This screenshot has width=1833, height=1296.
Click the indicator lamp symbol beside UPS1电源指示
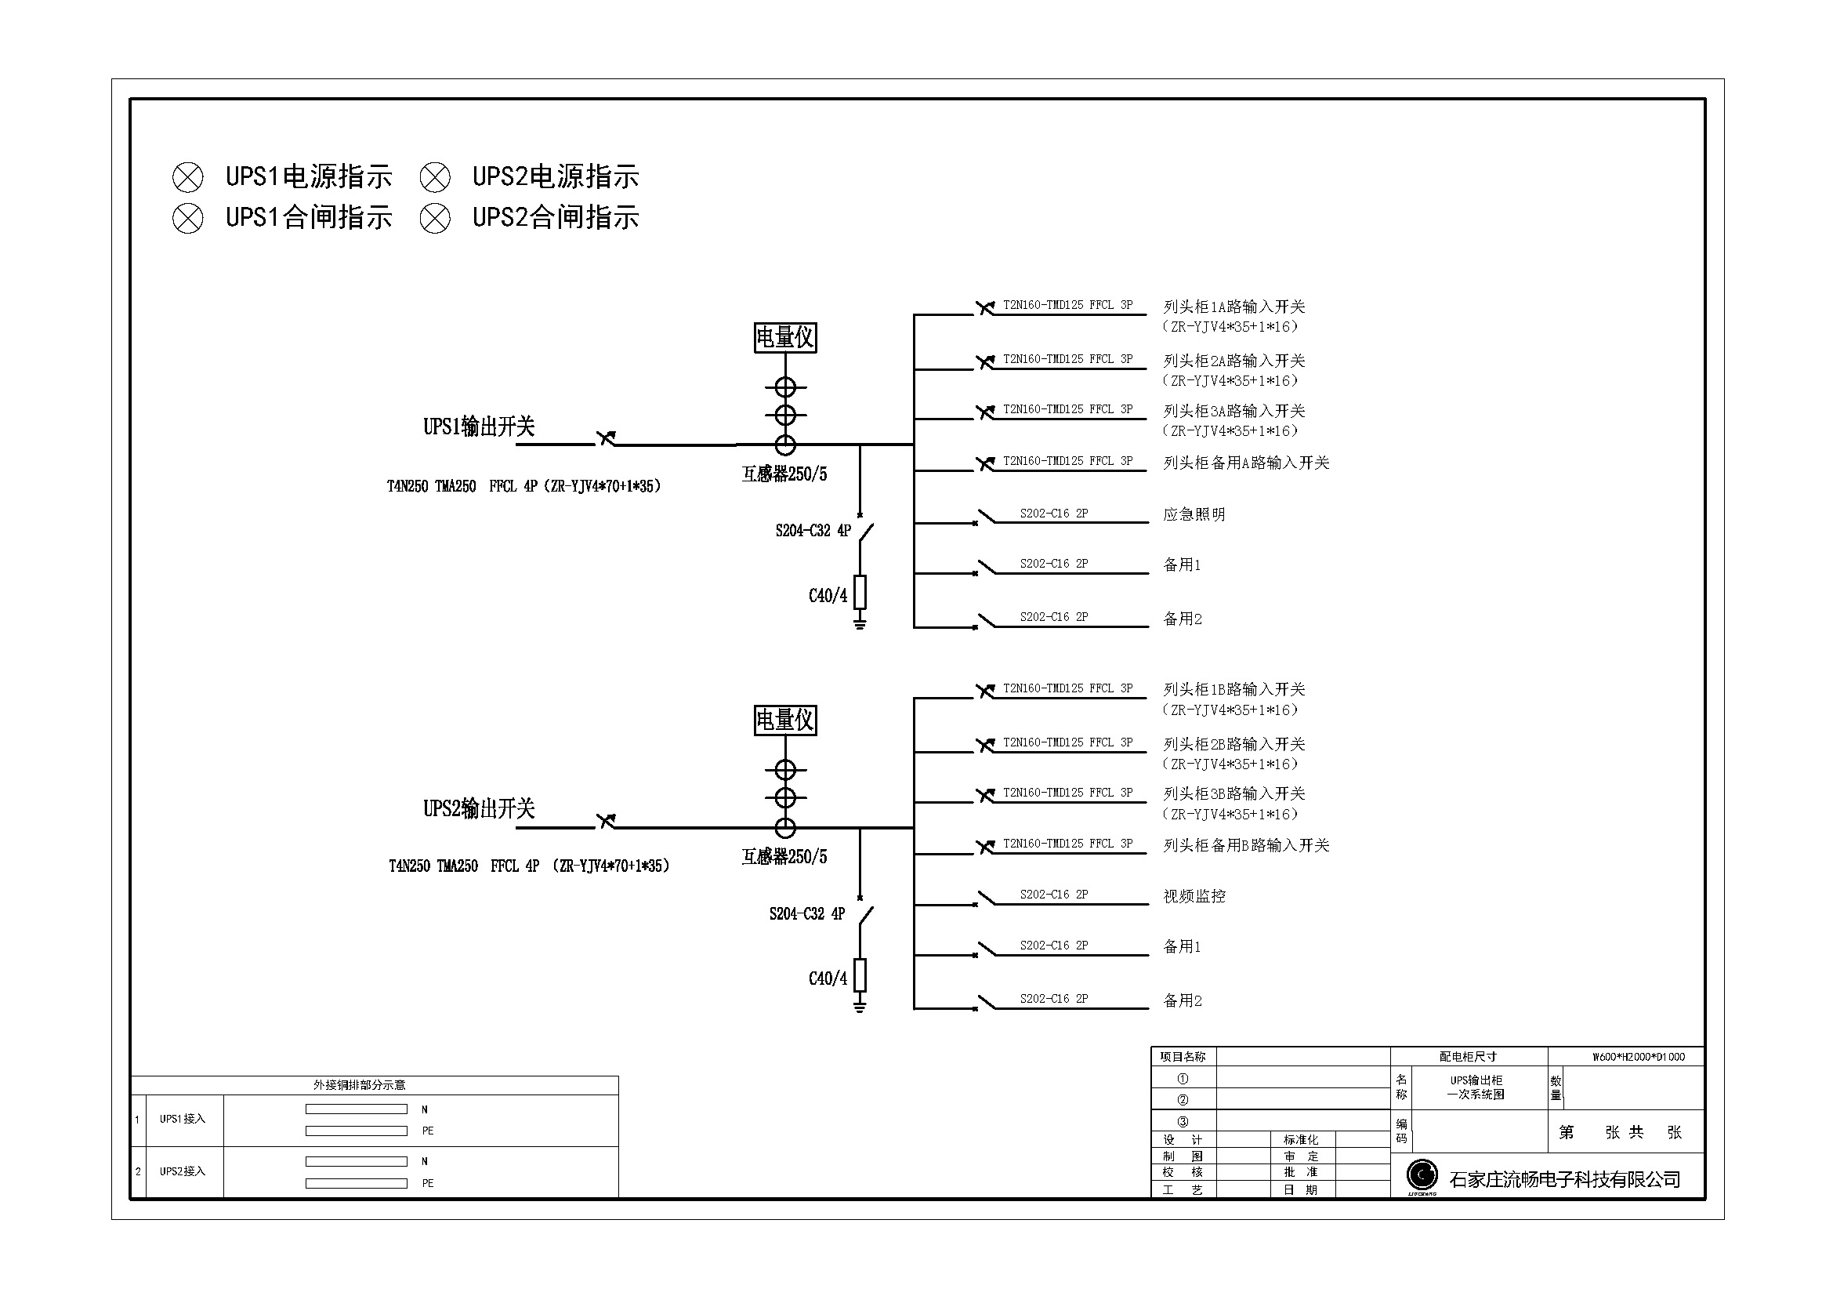click(187, 177)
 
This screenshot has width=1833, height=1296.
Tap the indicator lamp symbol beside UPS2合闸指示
click(435, 218)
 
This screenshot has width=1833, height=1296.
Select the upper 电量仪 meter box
click(784, 338)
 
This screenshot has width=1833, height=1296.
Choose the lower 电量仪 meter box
click(784, 721)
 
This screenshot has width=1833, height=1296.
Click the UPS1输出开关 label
click(478, 427)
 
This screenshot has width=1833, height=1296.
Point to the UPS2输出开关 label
click(478, 809)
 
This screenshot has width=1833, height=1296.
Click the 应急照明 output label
click(1194, 514)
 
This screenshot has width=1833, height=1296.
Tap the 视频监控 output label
click(1194, 896)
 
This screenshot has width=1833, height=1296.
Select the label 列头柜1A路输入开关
click(1233, 307)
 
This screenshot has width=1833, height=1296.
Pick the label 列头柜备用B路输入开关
click(1245, 845)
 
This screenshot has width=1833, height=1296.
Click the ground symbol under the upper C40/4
click(860, 622)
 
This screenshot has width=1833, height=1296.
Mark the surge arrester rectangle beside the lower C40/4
click(860, 975)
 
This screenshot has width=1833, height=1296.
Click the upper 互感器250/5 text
click(784, 474)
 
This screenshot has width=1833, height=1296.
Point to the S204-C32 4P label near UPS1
click(813, 531)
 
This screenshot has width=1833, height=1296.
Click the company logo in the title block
click(1421, 1175)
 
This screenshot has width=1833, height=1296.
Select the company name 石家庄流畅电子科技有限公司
click(1565, 1179)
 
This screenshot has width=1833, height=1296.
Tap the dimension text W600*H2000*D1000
click(1638, 1057)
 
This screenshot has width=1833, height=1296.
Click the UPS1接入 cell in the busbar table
click(182, 1119)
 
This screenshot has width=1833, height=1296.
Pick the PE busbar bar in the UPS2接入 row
click(356, 1183)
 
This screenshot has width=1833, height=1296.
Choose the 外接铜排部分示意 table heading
click(359, 1085)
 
